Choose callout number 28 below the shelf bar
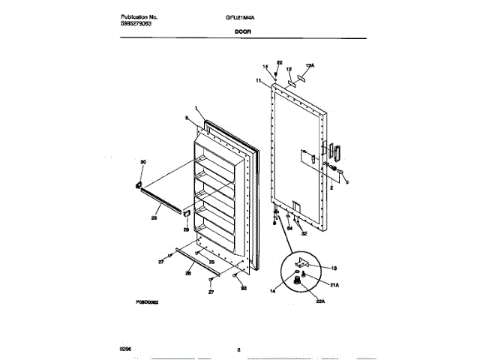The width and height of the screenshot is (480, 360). (x=154, y=219)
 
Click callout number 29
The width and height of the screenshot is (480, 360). (x=187, y=230)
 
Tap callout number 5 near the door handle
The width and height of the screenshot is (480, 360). (x=347, y=181)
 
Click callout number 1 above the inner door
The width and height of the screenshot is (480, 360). (x=195, y=109)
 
